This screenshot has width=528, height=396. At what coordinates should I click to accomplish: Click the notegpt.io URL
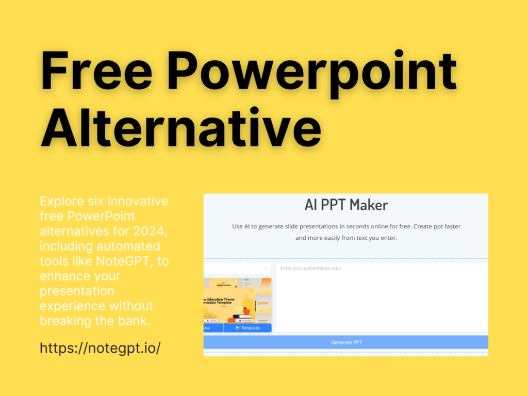[x=100, y=348]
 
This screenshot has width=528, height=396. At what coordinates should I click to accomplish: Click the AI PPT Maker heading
[x=346, y=205]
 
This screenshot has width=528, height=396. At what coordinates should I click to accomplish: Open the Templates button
[x=247, y=328]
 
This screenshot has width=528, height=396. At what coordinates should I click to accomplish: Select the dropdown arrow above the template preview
[x=266, y=269]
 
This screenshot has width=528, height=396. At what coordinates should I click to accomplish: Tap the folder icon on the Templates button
[x=238, y=328]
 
